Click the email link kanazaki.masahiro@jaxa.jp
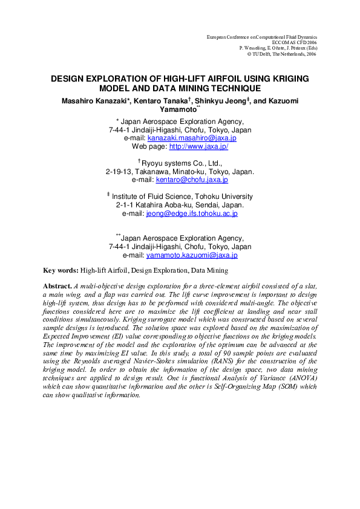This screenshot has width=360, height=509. pyautogui.click(x=193, y=138)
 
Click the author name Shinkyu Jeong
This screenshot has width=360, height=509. pyautogui.click(x=226, y=99)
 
